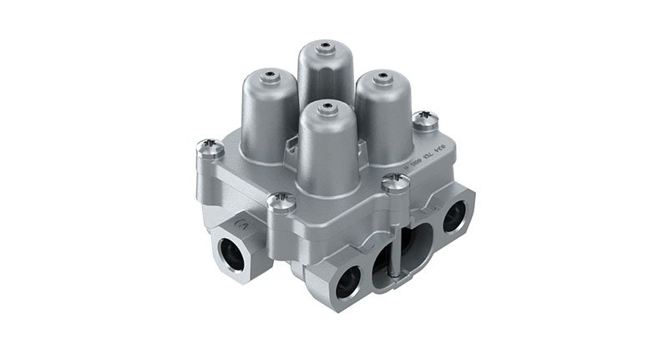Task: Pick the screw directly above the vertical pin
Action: pyautogui.click(x=391, y=181)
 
